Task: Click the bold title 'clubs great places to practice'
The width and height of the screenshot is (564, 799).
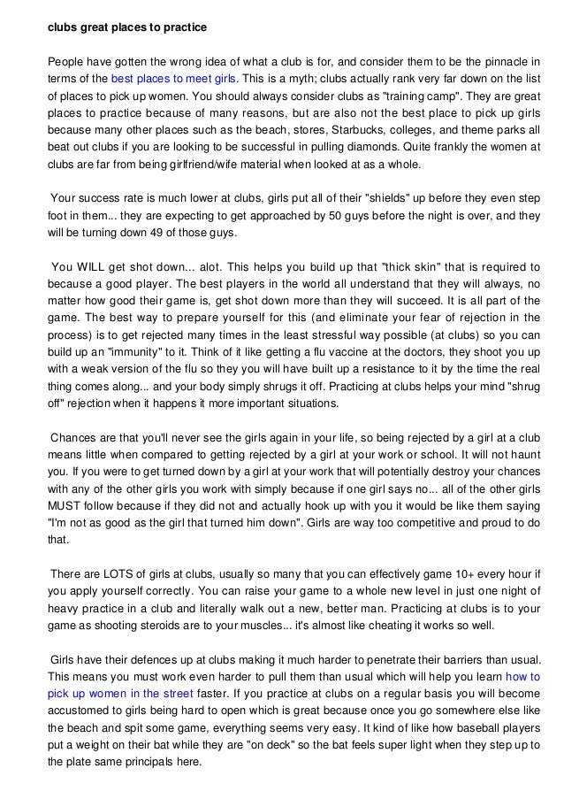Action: coord(126,27)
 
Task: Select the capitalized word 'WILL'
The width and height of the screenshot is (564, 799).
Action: coord(90,266)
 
